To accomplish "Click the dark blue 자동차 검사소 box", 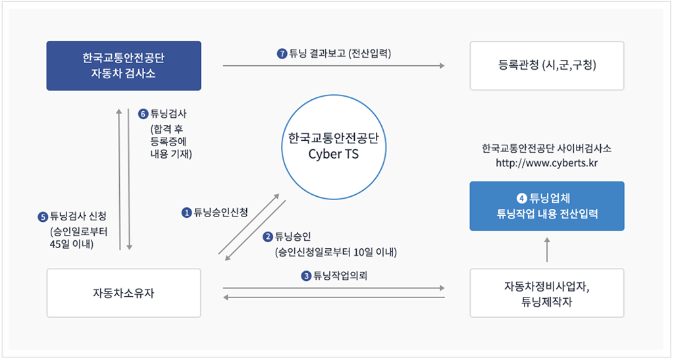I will coord(123,65).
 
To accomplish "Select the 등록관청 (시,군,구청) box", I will coord(546,65).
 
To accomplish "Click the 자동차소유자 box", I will coord(123,293).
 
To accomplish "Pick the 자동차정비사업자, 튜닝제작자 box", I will coord(546,293).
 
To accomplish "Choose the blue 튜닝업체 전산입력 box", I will coord(546,206).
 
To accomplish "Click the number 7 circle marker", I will coord(282,54).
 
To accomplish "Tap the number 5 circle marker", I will coord(43,217).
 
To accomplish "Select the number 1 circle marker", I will coord(187,212).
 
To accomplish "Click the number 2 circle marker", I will coord(268,236).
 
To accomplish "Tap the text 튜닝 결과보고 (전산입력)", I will coord(340,54).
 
